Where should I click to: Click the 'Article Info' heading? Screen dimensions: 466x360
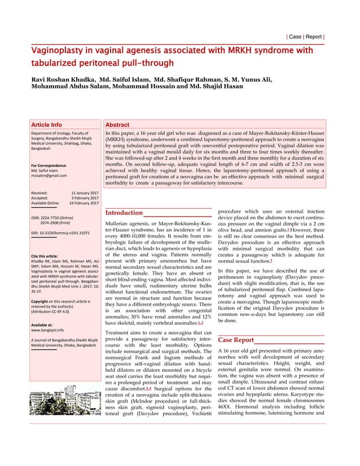(47, 125)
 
